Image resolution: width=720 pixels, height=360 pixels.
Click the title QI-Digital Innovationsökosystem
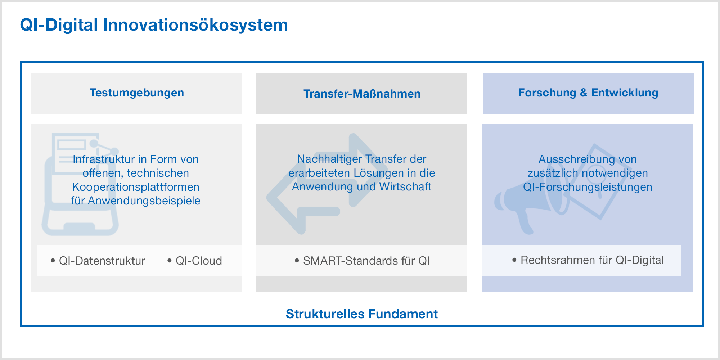pyautogui.click(x=154, y=25)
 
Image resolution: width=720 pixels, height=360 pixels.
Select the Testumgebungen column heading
pyautogui.click(x=137, y=93)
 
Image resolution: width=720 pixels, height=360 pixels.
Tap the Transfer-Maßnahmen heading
pyautogui.click(x=362, y=94)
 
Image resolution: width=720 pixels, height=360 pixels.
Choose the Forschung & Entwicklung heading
pyautogui.click(x=588, y=93)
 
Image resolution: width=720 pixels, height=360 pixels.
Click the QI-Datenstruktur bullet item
pyautogui.click(x=98, y=261)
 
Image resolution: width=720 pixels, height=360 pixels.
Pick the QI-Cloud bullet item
pyautogui.click(x=195, y=261)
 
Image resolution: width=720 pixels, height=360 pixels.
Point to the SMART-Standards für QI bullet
pyautogui.click(x=362, y=261)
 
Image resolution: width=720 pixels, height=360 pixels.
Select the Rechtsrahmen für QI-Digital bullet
pyautogui.click(x=588, y=260)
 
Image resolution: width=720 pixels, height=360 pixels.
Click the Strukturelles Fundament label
pyautogui.click(x=362, y=314)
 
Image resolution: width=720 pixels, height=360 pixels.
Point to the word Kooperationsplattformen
pyautogui.click(x=136, y=187)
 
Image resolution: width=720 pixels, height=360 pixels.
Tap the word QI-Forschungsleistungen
pyautogui.click(x=588, y=187)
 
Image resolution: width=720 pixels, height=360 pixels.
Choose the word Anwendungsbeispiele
pyautogui.click(x=144, y=201)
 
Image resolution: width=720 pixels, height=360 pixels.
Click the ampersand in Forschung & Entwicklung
pyautogui.click(x=584, y=93)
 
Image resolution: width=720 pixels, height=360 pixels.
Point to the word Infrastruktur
pyautogui.click(x=104, y=159)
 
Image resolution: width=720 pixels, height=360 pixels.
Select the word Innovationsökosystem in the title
pyautogui.click(x=195, y=25)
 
